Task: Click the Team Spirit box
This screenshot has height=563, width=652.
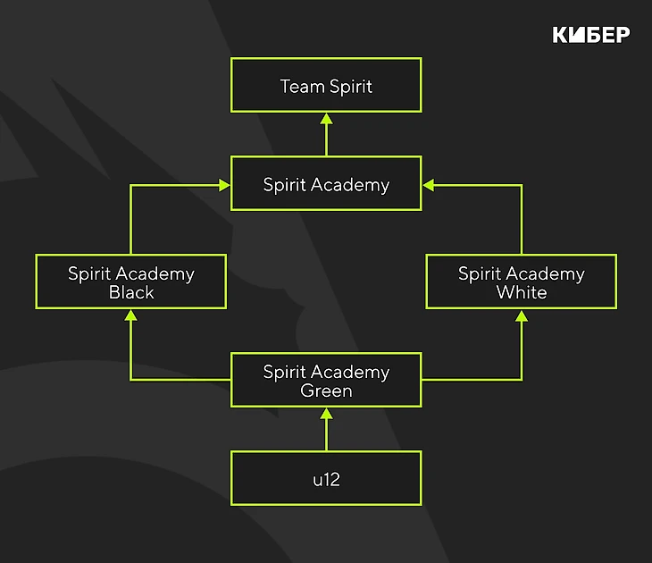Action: [326, 85]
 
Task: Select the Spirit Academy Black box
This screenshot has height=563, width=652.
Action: [130, 281]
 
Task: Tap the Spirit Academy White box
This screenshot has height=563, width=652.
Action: [521, 281]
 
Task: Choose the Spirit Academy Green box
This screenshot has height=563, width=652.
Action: [326, 380]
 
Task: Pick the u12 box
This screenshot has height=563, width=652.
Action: [326, 478]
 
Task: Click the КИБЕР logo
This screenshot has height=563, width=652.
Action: [591, 35]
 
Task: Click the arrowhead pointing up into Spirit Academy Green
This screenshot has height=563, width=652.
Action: [326, 414]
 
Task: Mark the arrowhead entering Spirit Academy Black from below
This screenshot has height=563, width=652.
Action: [130, 315]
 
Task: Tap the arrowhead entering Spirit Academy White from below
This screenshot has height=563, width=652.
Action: [521, 315]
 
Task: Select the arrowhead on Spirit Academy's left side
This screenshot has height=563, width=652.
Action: [224, 185]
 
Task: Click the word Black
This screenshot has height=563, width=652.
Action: [131, 292]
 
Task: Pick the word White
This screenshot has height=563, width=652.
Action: [522, 292]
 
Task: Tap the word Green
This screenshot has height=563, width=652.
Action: [326, 391]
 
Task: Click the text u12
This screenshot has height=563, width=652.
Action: [326, 480]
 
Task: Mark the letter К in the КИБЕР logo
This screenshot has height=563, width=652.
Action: [561, 35]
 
